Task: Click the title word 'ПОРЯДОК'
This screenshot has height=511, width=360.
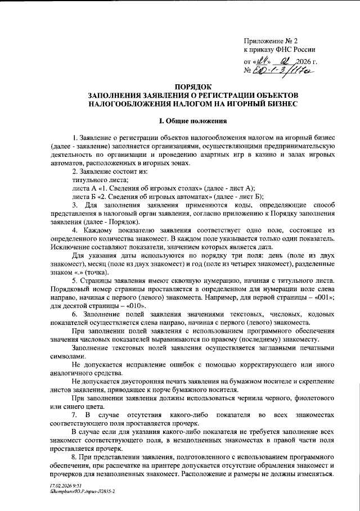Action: tap(193, 88)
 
